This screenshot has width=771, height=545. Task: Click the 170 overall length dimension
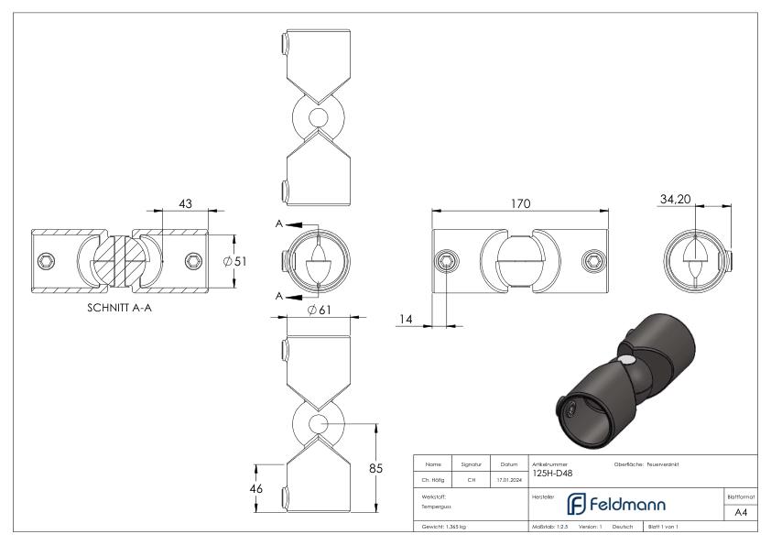tap(520, 204)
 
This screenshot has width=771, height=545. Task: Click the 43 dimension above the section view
tap(185, 203)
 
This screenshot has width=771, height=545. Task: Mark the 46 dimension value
tap(256, 488)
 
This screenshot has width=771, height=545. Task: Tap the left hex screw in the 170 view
tap(446, 261)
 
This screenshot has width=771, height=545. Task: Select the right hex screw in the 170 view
tap(594, 261)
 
